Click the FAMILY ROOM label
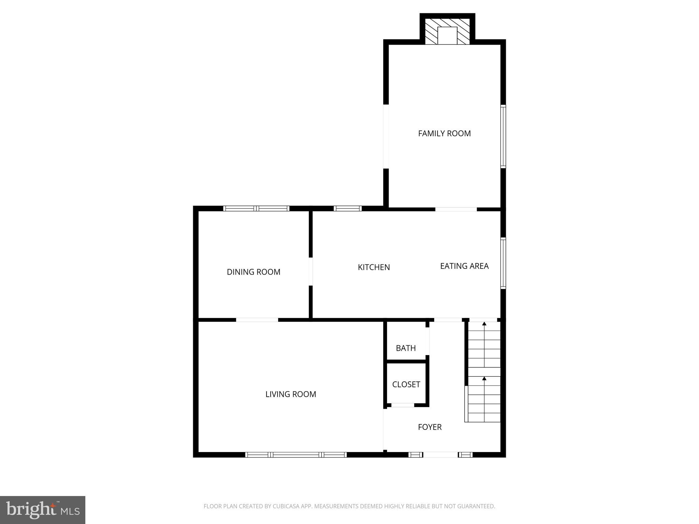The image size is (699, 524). tap(444, 133)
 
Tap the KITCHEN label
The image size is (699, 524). tap(374, 267)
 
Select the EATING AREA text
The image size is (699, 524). tap(464, 266)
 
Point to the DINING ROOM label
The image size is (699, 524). tap(253, 272)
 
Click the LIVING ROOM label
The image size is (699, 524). tap(290, 394)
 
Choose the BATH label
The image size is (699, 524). tap(405, 348)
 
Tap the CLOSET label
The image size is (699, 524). tap(406, 384)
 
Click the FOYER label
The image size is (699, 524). tap(430, 427)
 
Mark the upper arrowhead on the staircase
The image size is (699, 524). tap(484, 323)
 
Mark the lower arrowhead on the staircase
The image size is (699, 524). tap(484, 378)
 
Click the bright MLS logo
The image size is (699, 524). tap(42, 510)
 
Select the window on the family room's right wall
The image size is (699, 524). tap(503, 136)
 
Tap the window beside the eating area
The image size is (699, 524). tap(503, 263)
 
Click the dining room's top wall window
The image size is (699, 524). tap(256, 208)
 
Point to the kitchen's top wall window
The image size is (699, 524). tap(347, 208)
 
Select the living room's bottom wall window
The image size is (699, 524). tap(296, 455)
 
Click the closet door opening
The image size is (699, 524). tap(402, 405)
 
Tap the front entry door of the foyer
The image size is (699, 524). tap(440, 454)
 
